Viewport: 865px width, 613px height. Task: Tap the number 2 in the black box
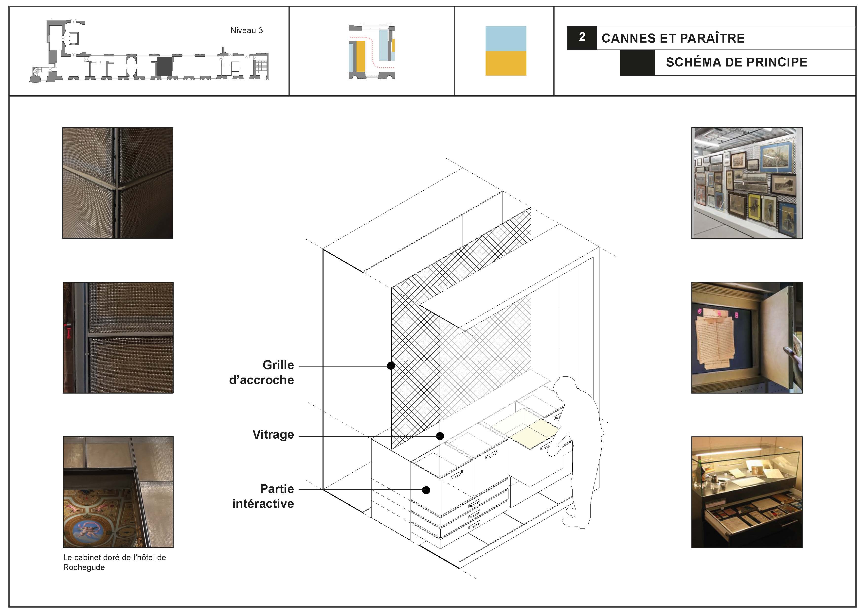582,37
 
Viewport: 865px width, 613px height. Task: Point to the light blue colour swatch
506,38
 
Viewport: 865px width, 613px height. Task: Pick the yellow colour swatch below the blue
506,63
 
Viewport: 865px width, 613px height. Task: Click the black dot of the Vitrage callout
440,436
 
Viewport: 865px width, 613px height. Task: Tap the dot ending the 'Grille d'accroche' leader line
391,365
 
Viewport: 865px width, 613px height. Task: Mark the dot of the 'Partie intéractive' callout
426,490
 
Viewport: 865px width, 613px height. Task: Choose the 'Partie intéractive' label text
263,496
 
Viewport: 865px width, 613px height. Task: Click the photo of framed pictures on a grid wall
747,183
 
